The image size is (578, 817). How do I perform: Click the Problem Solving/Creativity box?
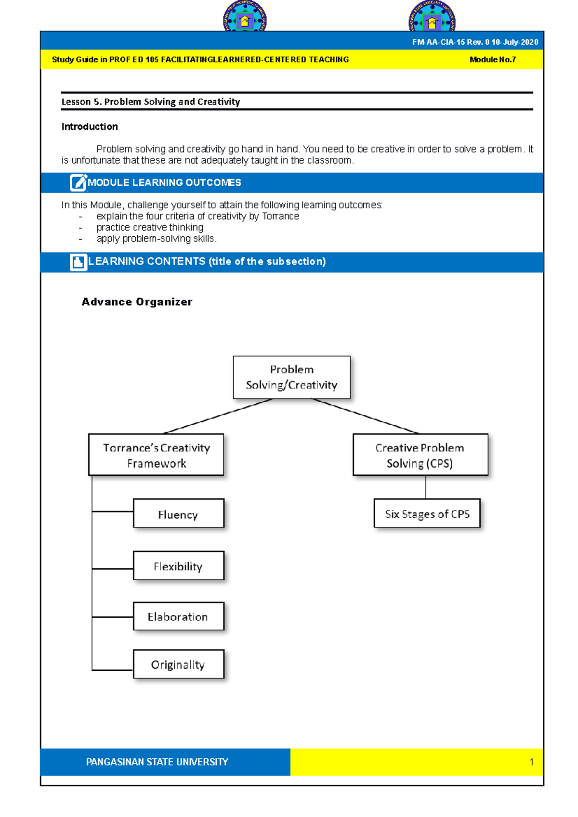point(291,377)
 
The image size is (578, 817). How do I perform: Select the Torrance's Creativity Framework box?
point(156,455)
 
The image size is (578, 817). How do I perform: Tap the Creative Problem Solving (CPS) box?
point(420,455)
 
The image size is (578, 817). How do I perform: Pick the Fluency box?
point(178,513)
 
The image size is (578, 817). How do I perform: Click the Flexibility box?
point(178,565)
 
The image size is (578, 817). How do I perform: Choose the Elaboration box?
point(178,616)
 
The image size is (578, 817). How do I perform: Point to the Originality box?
point(178,664)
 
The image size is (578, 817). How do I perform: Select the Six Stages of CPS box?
point(427,513)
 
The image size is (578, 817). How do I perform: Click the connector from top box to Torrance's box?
point(218,416)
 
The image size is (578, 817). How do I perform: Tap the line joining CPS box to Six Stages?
point(426,487)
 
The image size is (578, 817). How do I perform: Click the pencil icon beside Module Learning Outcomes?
point(78,183)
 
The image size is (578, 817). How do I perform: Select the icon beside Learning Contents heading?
point(78,262)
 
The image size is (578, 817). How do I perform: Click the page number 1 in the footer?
point(531,762)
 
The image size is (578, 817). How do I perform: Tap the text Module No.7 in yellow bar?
point(492,60)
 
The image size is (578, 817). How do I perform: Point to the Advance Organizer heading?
point(137,302)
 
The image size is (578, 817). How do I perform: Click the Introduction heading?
point(90,127)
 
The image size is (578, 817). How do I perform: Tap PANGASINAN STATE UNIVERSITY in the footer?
point(157,762)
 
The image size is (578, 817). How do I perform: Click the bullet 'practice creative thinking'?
point(150,227)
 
